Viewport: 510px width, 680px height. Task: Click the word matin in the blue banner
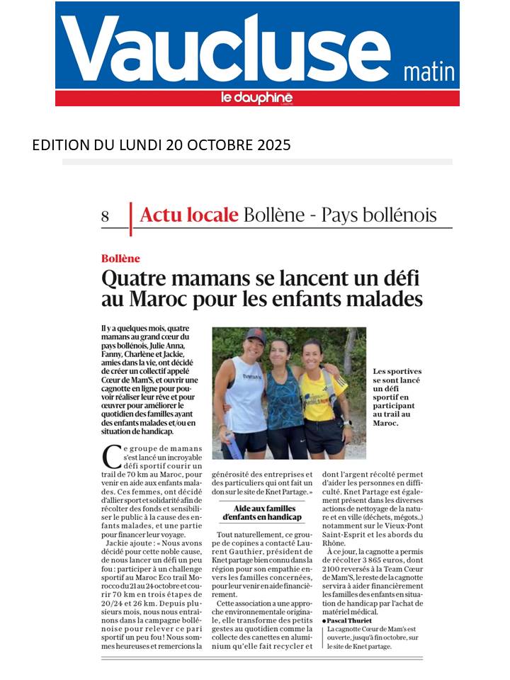[x=429, y=72]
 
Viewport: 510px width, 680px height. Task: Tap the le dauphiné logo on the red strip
[x=257, y=98]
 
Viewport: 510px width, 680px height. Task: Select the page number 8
[x=106, y=216]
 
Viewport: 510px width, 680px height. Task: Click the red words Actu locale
[x=188, y=215]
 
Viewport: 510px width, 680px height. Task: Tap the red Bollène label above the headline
[x=120, y=259]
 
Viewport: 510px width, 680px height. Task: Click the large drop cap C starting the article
[x=111, y=457]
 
